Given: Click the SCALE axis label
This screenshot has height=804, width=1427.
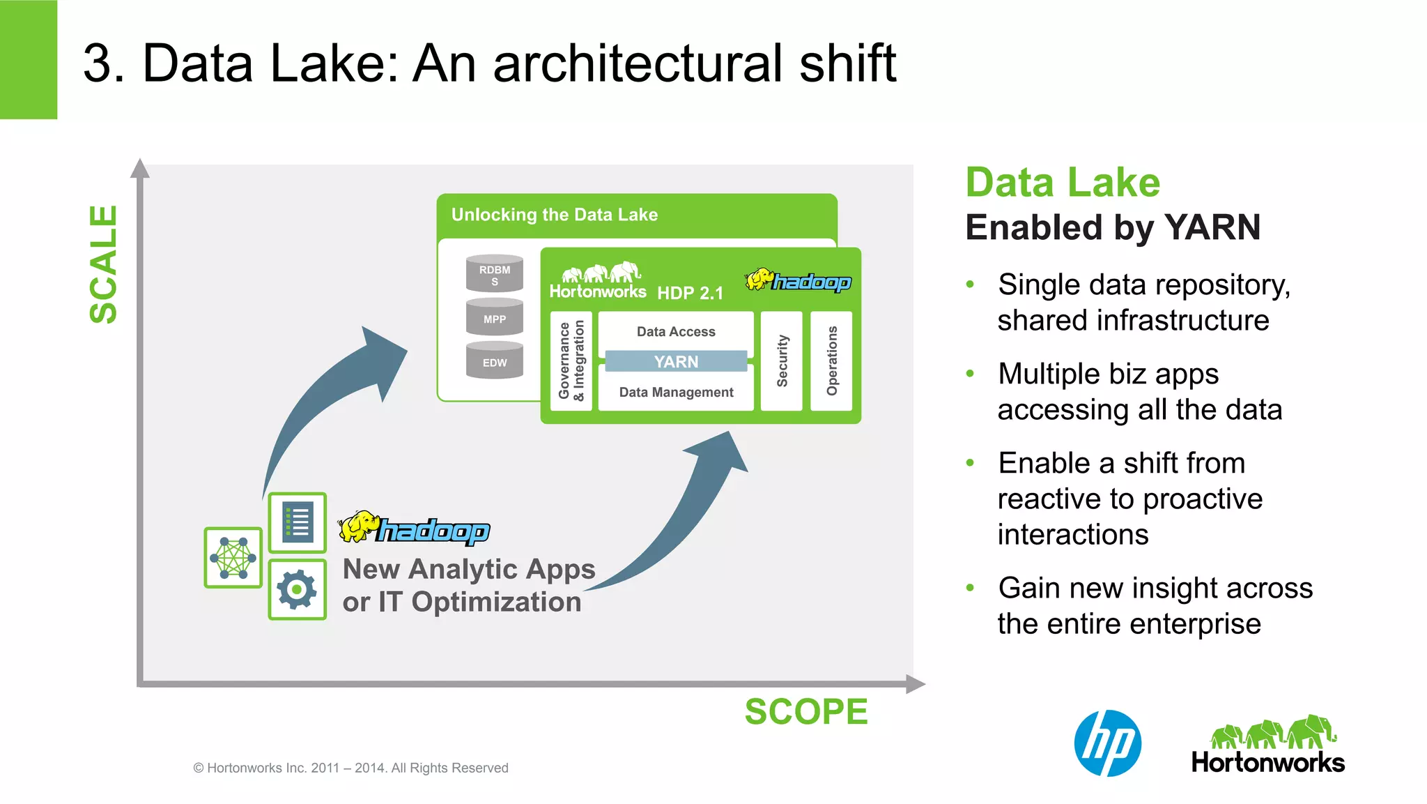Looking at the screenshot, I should (103, 264).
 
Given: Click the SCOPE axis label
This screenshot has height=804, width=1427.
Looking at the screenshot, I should (806, 712).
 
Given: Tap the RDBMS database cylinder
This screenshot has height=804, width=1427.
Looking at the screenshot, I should (494, 274).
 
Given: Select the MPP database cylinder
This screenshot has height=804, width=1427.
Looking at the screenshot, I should (494, 318).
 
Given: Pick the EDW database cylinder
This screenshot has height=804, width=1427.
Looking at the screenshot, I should (494, 361).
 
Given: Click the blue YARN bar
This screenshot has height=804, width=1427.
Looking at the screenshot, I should (675, 361).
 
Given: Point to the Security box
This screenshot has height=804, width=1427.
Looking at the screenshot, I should (782, 361).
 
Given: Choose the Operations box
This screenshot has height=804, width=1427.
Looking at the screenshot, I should (831, 361).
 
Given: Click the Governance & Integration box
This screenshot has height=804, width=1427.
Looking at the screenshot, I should (571, 361).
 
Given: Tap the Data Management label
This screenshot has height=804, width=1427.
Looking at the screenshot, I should (676, 392).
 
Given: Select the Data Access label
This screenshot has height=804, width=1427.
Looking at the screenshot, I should (676, 331).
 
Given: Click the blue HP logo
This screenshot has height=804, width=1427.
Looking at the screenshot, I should (1107, 743).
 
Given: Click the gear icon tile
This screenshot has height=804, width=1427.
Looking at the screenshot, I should (298, 590).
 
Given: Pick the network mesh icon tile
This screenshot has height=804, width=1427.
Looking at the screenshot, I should (233, 557).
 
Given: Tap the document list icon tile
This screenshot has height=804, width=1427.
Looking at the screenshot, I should (298, 522).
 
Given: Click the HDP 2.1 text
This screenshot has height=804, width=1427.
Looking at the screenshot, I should (690, 293).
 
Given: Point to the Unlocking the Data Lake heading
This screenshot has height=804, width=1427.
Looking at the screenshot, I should (554, 215).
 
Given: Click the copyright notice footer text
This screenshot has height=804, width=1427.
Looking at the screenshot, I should (350, 768).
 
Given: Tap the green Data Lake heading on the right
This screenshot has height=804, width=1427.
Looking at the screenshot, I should (1063, 183).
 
